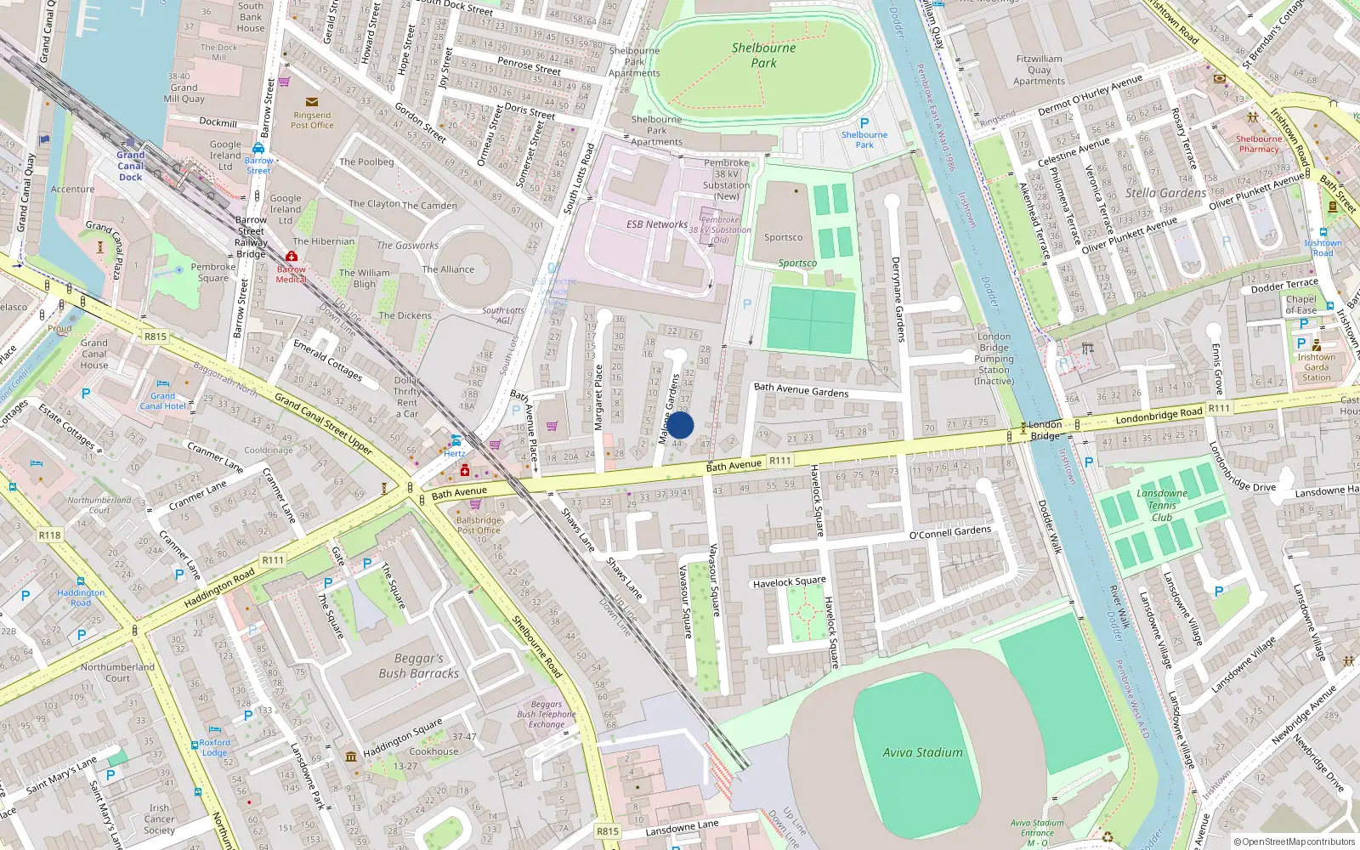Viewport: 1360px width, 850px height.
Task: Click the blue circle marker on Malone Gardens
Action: tap(680, 425)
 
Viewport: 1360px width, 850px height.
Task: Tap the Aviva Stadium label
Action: tap(922, 752)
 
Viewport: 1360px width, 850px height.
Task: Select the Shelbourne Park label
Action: tap(763, 55)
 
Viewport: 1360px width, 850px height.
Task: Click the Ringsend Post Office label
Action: tap(312, 120)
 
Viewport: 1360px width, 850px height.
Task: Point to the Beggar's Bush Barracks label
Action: tap(418, 666)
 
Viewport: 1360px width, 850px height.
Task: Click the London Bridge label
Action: tap(1045, 430)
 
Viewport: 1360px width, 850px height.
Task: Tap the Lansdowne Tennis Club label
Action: tap(1162, 505)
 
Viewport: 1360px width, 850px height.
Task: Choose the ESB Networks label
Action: tap(656, 224)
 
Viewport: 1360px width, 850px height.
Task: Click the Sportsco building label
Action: tap(783, 238)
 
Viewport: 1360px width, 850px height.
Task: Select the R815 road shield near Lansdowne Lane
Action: tap(607, 831)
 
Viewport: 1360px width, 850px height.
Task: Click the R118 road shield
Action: tap(49, 535)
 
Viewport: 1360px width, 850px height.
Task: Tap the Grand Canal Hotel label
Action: tap(162, 401)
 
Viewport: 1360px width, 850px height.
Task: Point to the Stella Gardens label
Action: tap(1165, 194)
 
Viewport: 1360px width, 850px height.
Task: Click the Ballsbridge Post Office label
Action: tap(479, 524)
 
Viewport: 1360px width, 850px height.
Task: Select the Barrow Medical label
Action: tap(291, 274)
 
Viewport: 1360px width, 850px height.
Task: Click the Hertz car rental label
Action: tap(455, 453)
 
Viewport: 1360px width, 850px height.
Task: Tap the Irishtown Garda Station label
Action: tap(1316, 367)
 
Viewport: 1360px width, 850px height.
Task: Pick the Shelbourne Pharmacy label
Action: tap(1258, 144)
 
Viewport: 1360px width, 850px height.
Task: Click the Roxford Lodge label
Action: tap(214, 747)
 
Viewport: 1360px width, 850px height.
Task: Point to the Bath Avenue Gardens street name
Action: tap(801, 390)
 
